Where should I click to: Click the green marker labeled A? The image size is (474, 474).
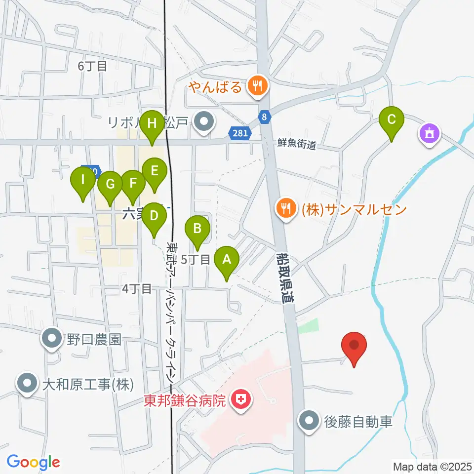[x=227, y=259]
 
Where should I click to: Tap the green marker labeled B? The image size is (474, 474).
[x=197, y=229]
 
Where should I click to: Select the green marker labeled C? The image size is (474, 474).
[x=392, y=120]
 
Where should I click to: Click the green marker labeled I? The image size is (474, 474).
[x=83, y=181]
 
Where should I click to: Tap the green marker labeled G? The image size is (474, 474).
[x=110, y=185]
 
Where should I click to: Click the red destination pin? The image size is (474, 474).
[x=355, y=346]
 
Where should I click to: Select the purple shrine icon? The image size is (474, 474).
[x=429, y=133]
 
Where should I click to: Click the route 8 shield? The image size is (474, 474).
[x=265, y=117]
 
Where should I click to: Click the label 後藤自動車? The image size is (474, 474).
[x=358, y=422]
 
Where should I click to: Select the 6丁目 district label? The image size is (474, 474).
[x=93, y=66]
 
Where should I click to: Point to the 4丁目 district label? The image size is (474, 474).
[x=136, y=289]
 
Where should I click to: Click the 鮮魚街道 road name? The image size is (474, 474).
[x=296, y=145]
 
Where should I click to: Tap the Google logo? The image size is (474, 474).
[x=33, y=462]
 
